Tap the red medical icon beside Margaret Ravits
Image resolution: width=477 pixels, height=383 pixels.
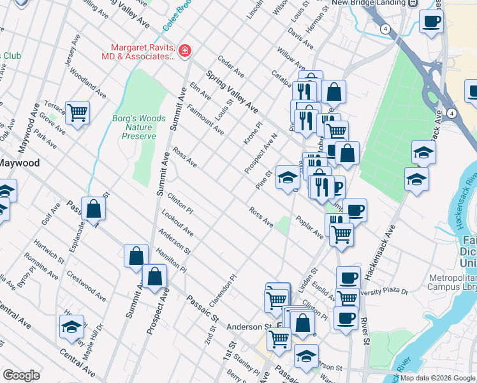pos(185,50)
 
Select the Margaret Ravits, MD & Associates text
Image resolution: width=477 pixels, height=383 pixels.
pos(143,51)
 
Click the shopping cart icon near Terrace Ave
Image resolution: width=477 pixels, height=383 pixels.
pos(77,112)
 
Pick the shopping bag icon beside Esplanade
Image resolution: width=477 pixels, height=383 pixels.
pos(93,208)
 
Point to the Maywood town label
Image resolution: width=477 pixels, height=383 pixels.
pos(19,163)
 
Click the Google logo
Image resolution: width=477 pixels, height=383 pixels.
pos(21,375)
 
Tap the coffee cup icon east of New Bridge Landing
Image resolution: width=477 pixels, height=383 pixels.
pos(431,22)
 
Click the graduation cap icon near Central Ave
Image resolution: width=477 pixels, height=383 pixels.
pos(71,327)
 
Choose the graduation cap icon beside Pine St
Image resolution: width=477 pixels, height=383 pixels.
pos(287,176)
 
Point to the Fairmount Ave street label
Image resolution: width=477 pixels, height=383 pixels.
pos(205,119)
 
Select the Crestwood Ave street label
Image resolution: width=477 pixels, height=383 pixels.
pos(86,285)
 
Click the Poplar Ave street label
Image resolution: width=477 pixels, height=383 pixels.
pos(309,227)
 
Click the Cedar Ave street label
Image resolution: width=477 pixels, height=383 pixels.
pos(231,65)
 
